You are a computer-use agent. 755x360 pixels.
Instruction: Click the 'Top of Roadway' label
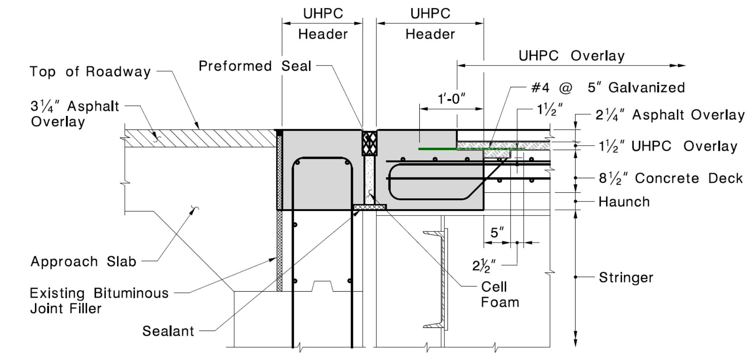click(x=90, y=72)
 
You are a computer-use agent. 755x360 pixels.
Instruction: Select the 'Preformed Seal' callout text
click(x=255, y=66)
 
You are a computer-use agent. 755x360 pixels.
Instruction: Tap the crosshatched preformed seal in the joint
click(x=369, y=143)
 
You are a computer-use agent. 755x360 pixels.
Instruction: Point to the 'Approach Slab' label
click(x=83, y=261)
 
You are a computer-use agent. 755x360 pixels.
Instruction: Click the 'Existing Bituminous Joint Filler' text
click(x=99, y=300)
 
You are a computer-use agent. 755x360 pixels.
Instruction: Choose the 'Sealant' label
click(x=168, y=331)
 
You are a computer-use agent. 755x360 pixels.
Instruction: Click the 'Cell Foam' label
click(x=500, y=294)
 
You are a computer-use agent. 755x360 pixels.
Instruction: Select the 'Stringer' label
click(x=626, y=278)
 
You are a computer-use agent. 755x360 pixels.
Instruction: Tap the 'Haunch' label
click(x=624, y=202)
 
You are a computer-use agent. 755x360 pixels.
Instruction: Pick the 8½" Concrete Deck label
click(x=670, y=178)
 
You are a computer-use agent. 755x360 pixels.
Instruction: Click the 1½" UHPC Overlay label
click(x=668, y=146)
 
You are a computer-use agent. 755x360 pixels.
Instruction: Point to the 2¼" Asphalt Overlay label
click(x=670, y=115)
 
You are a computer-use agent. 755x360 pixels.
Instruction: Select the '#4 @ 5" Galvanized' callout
click(x=608, y=87)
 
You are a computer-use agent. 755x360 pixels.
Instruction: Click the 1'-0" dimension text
click(x=451, y=99)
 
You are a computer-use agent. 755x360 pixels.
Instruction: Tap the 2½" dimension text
click(x=484, y=265)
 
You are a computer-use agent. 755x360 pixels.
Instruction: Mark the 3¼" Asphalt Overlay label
click(x=75, y=114)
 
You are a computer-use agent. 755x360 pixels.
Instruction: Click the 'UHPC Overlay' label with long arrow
click(x=571, y=56)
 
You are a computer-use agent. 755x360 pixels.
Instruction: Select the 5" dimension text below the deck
click(x=497, y=232)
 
